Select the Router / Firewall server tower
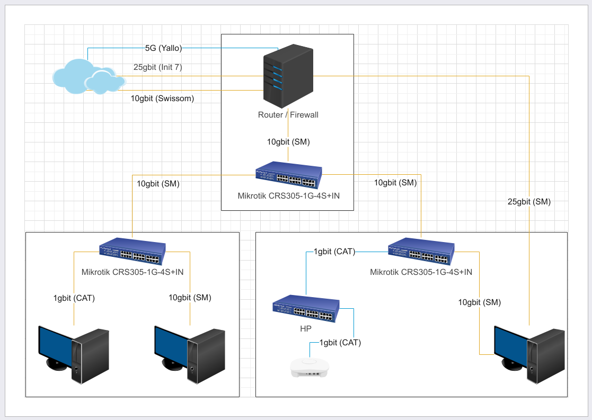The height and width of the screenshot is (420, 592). (288, 74)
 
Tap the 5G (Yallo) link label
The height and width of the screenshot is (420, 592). (163, 48)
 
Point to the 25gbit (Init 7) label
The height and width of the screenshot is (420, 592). (158, 67)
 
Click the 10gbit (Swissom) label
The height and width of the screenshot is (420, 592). (162, 98)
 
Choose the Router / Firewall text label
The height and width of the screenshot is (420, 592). (288, 115)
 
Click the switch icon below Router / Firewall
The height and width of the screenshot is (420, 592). (288, 175)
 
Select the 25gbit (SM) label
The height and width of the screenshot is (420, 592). (529, 201)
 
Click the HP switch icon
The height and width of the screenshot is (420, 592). (306, 309)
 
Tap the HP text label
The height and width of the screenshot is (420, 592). (306, 329)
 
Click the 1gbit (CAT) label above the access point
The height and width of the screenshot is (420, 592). (340, 343)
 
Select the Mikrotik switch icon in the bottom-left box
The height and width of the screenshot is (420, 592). (132, 252)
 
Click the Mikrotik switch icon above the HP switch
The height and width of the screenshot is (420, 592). (421, 252)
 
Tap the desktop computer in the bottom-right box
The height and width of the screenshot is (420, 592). (529, 354)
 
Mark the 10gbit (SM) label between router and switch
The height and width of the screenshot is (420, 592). (288, 142)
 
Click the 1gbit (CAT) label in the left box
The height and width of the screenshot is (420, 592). (74, 298)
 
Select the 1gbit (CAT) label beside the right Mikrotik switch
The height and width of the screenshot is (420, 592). (334, 252)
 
